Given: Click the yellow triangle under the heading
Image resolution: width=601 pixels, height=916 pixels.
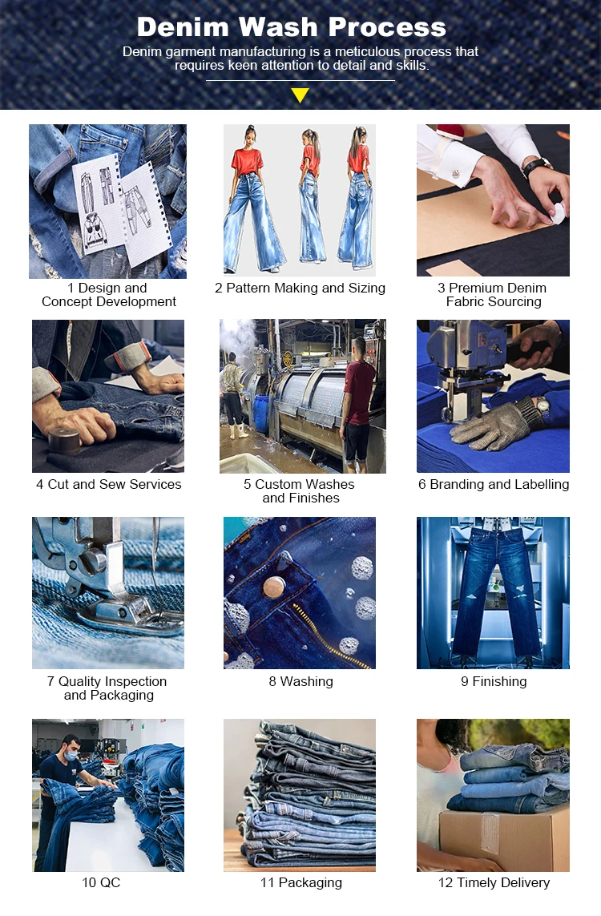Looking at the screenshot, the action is [300, 95].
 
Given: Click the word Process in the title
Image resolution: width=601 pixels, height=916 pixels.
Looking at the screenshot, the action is [387, 27].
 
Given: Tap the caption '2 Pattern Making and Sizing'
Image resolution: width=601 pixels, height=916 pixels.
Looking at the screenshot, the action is [300, 288].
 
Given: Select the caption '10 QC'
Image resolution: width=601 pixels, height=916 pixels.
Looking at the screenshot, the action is [101, 882].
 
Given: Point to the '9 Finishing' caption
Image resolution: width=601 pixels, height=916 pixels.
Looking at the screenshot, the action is [494, 682].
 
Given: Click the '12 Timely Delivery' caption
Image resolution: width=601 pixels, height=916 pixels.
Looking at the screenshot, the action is [494, 882].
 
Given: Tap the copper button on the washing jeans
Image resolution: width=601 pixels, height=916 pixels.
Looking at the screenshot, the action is [274, 587].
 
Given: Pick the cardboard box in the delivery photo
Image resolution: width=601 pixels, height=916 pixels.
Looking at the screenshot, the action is [504, 839].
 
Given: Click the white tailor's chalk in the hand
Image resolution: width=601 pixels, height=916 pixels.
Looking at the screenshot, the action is [558, 213].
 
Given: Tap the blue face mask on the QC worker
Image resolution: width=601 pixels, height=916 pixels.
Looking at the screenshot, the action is [71, 755].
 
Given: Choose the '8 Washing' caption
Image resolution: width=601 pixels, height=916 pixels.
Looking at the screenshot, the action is [300, 682].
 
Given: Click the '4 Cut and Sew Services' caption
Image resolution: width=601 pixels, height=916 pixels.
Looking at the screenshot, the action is [109, 484].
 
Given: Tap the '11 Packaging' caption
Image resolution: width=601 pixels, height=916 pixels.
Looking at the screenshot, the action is [300, 882].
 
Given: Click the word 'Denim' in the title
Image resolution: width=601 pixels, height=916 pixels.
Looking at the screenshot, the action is [183, 27].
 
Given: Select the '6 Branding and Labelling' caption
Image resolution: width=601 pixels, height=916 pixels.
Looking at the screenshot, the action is [494, 485].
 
